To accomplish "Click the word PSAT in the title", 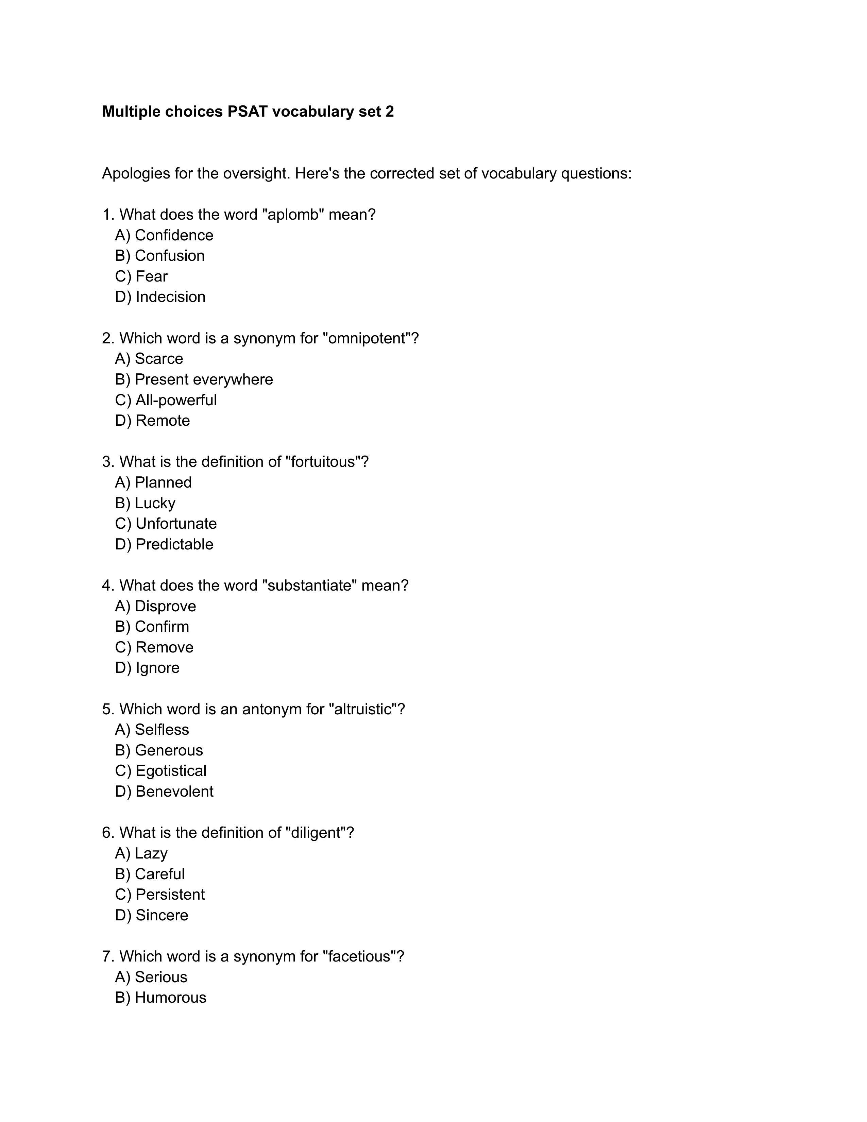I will click(247, 112).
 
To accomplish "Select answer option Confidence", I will click(174, 235).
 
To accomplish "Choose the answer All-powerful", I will click(176, 400).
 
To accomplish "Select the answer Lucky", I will click(155, 504).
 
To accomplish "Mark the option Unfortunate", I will click(176, 524).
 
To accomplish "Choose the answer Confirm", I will click(162, 627).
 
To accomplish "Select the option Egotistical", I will click(171, 771).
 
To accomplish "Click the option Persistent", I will click(170, 895).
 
